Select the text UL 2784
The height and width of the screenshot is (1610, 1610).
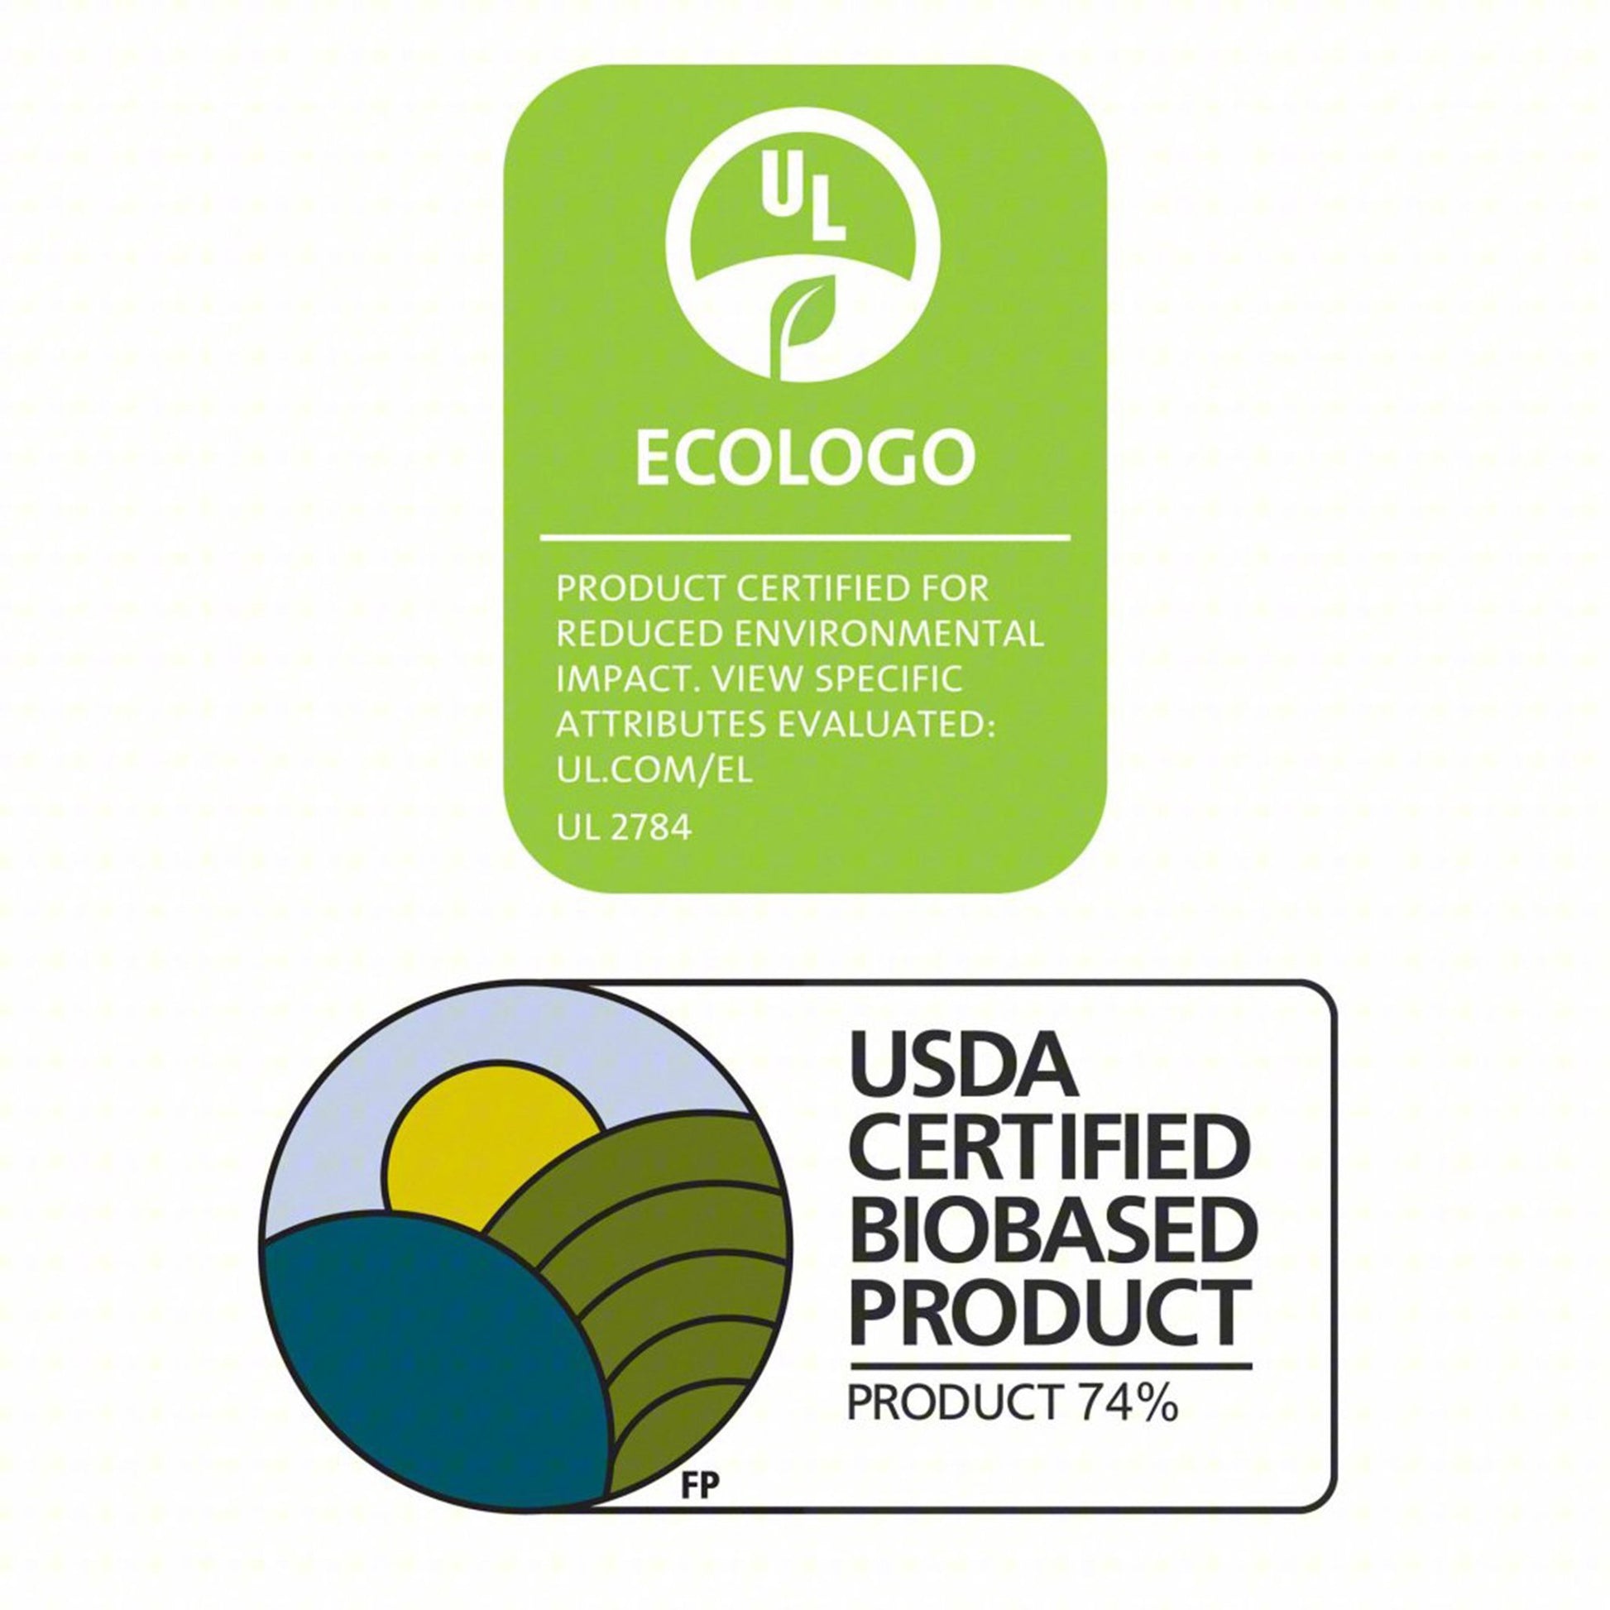[624, 829]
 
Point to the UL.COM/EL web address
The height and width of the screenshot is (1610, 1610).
[654, 770]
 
